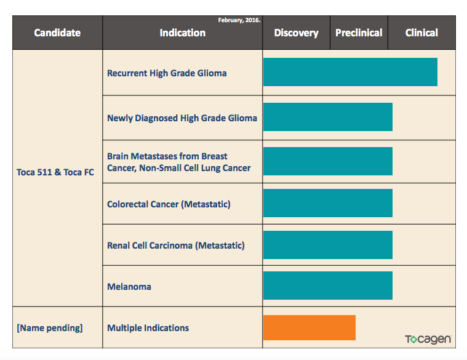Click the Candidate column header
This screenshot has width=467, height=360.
(57, 33)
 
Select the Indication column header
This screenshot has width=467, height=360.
(182, 33)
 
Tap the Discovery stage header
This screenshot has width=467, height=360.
(296, 33)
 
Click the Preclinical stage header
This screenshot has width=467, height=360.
(359, 33)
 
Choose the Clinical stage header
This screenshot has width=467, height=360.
(421, 33)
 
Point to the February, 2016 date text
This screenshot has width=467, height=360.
(239, 20)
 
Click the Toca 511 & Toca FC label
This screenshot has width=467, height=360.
(55, 172)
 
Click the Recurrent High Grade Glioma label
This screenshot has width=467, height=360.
(167, 73)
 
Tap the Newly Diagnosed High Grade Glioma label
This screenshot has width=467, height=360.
(182, 118)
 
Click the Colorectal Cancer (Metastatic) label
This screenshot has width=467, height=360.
(169, 204)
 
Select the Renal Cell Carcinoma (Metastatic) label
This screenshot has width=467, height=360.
(175, 246)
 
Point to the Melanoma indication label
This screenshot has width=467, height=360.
(129, 287)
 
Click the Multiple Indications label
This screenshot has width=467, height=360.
(148, 328)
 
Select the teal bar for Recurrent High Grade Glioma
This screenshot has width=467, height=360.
(350, 72)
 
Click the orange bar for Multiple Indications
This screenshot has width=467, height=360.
(309, 327)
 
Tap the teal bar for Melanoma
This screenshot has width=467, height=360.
(327, 286)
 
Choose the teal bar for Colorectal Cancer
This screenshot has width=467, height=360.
(327, 203)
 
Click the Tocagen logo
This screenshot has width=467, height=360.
(428, 340)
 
